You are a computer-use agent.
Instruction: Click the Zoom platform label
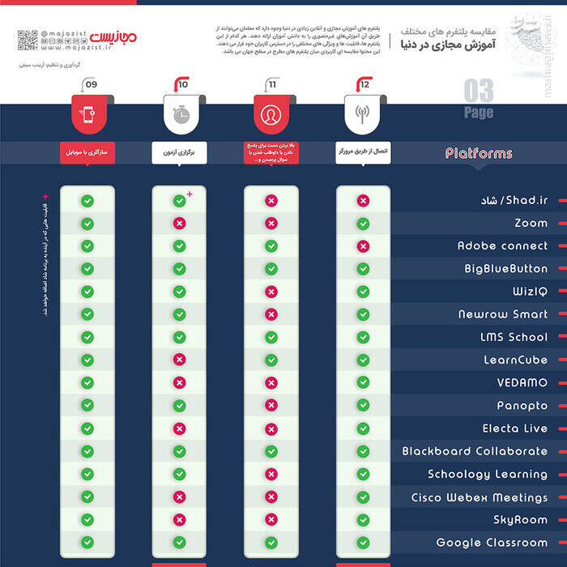(x=531, y=223)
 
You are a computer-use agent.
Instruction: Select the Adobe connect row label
(x=502, y=245)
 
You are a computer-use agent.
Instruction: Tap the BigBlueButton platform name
(x=505, y=268)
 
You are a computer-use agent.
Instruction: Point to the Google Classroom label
(x=492, y=543)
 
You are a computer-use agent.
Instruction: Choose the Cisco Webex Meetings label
(x=480, y=497)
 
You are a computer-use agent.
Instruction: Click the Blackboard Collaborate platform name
(x=475, y=451)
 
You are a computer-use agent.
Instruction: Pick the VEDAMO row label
(x=522, y=382)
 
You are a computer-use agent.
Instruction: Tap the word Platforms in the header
(x=479, y=153)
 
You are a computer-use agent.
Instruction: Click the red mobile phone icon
(x=87, y=114)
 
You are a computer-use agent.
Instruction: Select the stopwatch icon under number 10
(x=180, y=114)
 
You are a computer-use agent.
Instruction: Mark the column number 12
(x=364, y=84)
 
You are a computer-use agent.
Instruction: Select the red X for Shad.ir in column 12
(x=363, y=200)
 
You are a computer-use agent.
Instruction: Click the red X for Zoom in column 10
(x=179, y=223)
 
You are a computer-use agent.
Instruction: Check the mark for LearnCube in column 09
(x=87, y=360)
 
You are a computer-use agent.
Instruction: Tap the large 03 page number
(x=478, y=92)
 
